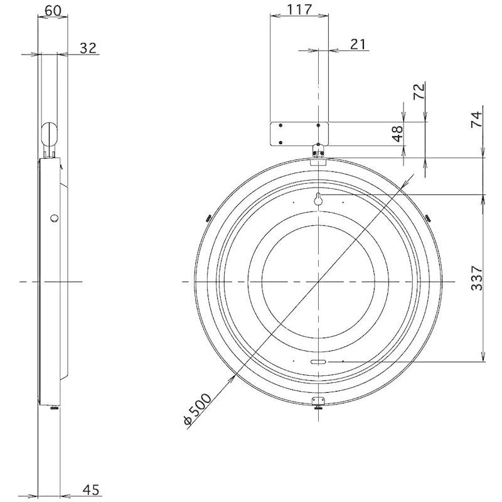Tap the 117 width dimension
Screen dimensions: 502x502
pos(299,10)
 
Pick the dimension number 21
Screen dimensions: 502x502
pos(358,43)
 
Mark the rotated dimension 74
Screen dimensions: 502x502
pos(477,119)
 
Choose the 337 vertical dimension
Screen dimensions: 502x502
pos(477,278)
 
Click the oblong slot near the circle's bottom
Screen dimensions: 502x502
pos(319,362)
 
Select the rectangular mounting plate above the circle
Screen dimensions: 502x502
pos(299,134)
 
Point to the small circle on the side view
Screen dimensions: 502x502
pos(54,218)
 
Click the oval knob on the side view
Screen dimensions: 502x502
pos(50,133)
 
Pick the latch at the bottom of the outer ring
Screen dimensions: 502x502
pos(319,402)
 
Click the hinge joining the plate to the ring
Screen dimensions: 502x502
pos(319,151)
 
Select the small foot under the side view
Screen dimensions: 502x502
pos(53,408)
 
